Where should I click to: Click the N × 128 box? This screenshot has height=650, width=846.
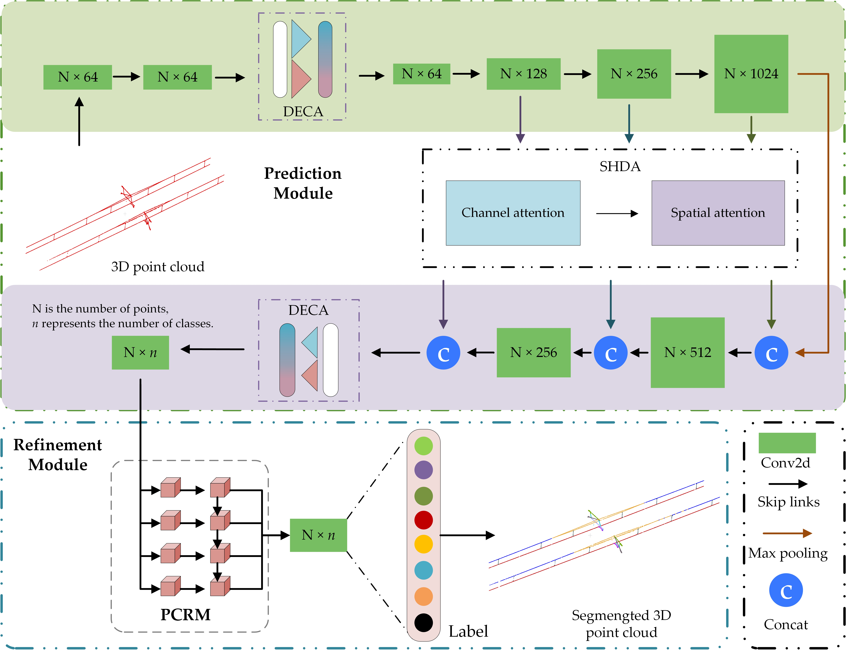click(523, 74)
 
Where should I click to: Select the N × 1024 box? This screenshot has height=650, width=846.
click(751, 74)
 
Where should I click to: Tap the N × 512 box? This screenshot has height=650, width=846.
click(687, 352)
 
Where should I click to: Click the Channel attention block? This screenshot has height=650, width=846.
click(513, 213)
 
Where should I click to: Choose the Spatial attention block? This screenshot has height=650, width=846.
click(718, 213)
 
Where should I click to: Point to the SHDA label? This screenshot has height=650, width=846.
click(620, 166)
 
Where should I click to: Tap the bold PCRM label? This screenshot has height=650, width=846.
click(185, 614)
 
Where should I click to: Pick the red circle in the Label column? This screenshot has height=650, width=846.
click(423, 520)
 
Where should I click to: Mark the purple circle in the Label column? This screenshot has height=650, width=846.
click(423, 470)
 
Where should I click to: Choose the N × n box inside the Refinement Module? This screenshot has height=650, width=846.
click(318, 535)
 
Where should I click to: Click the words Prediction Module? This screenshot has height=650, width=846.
click(303, 183)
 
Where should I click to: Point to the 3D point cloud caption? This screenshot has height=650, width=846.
click(158, 267)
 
